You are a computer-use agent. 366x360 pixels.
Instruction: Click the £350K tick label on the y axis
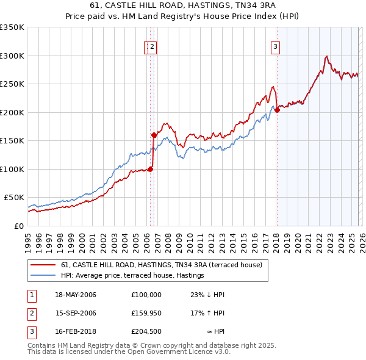tap(12, 27)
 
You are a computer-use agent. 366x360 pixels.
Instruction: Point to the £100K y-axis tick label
tap(12, 169)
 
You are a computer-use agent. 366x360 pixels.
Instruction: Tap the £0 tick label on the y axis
tap(19, 226)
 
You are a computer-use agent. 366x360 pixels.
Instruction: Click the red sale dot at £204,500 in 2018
tap(277, 110)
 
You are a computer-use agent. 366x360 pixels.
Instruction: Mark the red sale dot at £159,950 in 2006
tap(154, 135)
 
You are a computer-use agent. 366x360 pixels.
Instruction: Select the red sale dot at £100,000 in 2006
tap(150, 169)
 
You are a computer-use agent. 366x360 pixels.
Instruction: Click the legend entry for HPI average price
tap(132, 275)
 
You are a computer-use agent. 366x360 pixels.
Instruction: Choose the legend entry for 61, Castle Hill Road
tap(161, 265)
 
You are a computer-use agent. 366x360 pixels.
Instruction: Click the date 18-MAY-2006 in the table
tap(76, 295)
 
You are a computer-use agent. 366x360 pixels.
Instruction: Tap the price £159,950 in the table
tap(146, 314)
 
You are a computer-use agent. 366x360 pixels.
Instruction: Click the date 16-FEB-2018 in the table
tap(76, 333)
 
